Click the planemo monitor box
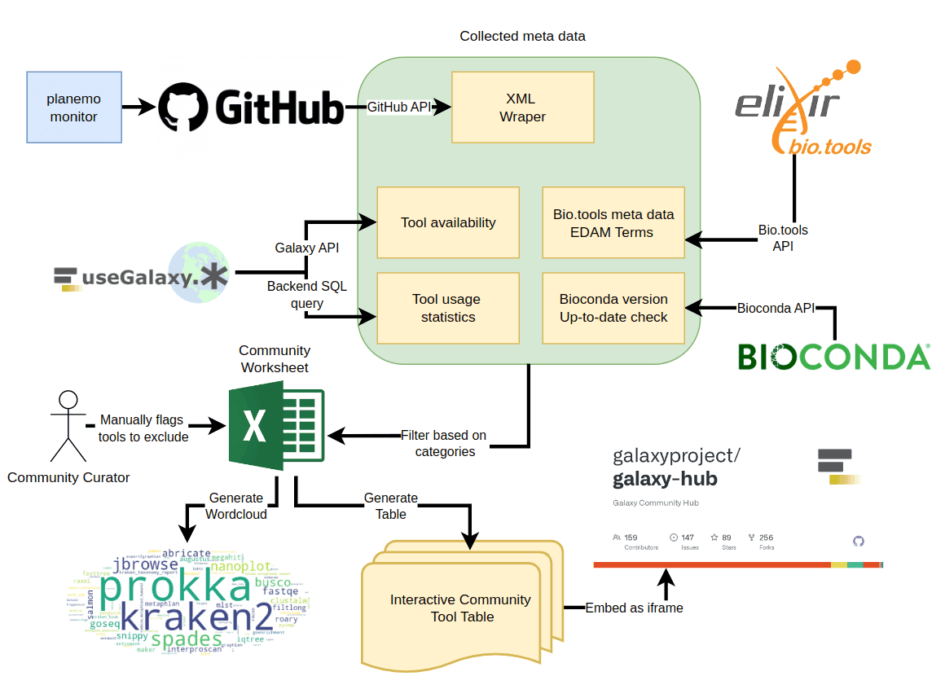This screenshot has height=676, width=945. click(74, 108)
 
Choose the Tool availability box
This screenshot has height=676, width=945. click(448, 222)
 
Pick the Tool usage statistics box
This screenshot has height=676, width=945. click(448, 308)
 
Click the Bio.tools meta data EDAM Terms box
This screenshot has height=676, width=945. click(613, 222)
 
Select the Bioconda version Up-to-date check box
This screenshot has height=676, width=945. click(613, 308)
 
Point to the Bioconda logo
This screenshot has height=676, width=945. click(833, 357)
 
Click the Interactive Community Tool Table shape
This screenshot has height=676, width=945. click(461, 608)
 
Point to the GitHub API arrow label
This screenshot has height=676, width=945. click(399, 107)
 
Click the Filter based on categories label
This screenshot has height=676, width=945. click(445, 443)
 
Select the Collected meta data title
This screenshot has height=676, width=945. click(522, 36)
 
